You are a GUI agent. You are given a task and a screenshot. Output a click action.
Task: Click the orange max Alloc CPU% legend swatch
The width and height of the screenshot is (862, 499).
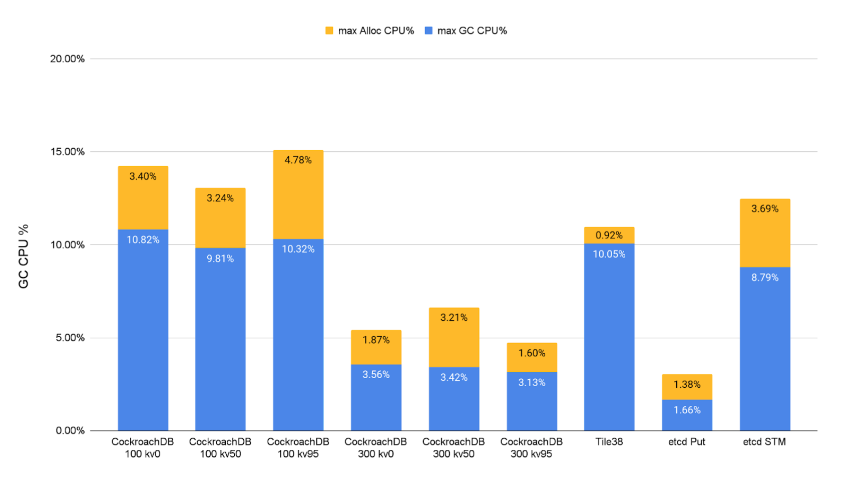tap(329, 31)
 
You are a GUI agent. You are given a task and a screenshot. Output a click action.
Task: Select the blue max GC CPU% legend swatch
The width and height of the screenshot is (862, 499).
tap(428, 31)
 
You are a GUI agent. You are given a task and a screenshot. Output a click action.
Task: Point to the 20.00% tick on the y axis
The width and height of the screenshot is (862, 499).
tap(67, 59)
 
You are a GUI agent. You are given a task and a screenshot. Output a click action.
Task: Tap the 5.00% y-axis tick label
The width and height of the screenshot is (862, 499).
tap(70, 338)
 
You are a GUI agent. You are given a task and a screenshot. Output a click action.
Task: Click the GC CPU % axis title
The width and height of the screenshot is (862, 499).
tap(24, 256)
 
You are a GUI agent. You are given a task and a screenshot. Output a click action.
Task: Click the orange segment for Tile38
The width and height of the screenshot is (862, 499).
tap(609, 235)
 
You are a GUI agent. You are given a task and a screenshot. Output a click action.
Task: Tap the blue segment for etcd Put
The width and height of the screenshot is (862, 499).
tap(687, 415)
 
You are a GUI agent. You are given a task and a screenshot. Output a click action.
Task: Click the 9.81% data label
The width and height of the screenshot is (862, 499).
tap(220, 259)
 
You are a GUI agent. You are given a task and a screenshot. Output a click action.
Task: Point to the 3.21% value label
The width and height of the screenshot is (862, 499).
tap(454, 318)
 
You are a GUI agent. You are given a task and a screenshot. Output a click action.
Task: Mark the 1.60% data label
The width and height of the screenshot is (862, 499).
tap(532, 353)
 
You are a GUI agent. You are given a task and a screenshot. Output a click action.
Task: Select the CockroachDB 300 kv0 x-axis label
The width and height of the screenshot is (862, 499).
tap(375, 448)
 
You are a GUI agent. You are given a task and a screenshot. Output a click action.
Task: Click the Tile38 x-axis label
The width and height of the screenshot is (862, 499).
tap(609, 442)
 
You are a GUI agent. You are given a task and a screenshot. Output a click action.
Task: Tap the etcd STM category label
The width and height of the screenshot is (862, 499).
tap(764, 442)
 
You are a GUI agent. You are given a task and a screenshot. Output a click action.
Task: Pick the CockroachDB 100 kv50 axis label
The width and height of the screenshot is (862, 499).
tap(220, 448)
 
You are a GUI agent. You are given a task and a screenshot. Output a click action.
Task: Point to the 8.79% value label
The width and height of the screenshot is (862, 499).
tap(764, 278)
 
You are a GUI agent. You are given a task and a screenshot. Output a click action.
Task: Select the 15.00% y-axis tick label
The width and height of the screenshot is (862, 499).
tap(67, 152)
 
